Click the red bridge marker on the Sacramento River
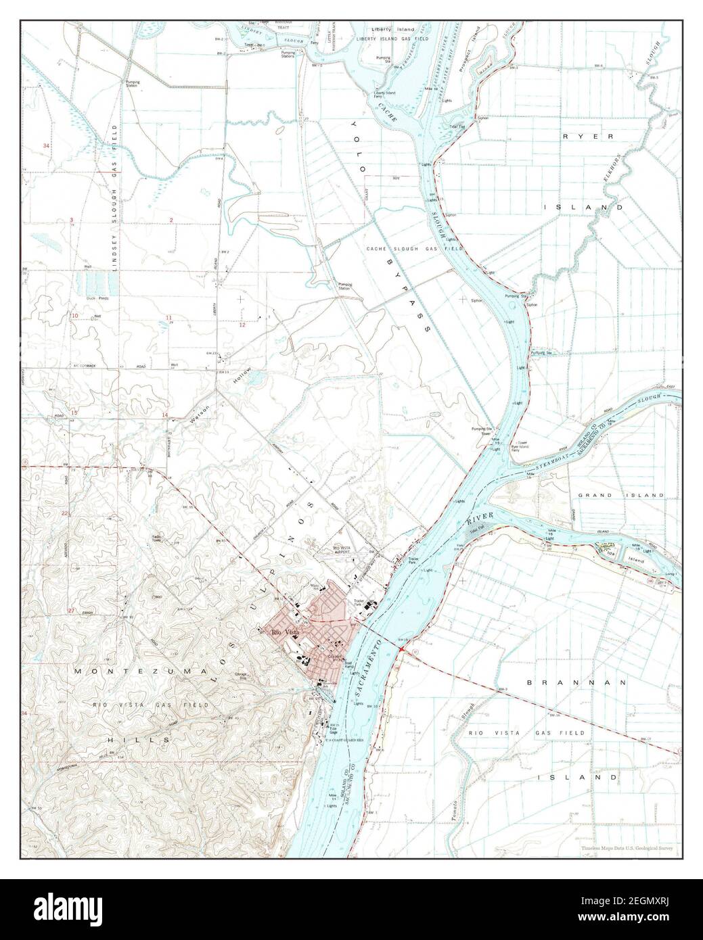402,649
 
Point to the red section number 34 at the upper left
46,146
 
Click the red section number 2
171,220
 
